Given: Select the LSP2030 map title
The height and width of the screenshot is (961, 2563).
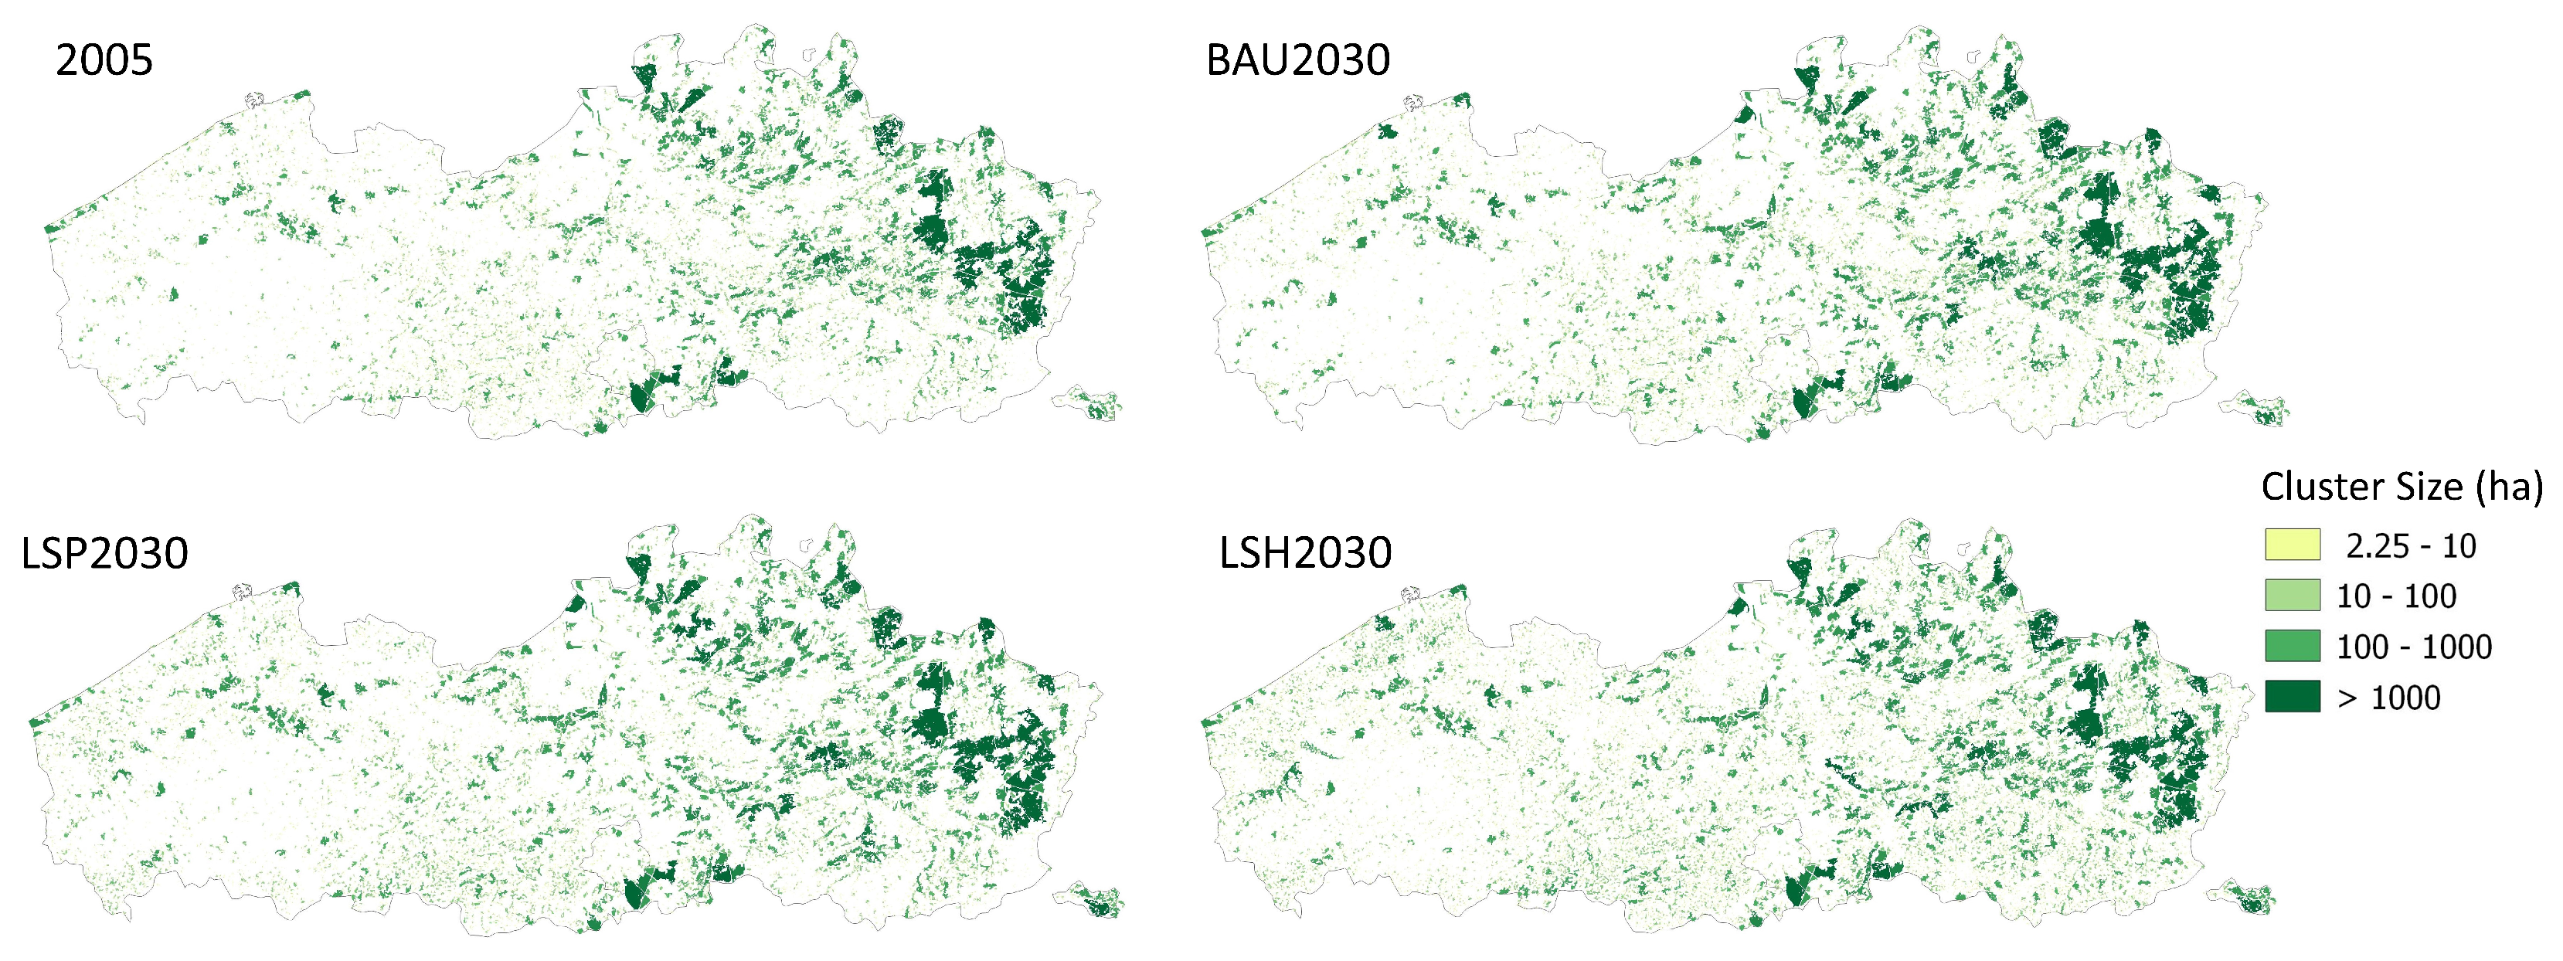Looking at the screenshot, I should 104,553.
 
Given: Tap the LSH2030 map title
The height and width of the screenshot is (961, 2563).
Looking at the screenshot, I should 1304,553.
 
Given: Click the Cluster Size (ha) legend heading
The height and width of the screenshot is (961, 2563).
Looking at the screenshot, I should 2401,487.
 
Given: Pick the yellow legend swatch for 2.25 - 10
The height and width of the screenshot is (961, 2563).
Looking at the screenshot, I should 2293,545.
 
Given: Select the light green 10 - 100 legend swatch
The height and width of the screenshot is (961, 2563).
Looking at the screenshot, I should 2293,595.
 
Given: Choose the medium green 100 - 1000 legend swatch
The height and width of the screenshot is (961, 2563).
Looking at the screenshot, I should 2293,646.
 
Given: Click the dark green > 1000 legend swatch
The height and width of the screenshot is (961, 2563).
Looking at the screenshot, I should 2293,696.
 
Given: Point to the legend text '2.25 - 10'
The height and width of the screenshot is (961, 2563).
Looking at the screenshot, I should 2411,546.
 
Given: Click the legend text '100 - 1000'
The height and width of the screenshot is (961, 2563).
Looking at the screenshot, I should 2414,647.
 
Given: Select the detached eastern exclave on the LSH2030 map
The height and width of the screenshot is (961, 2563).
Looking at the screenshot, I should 2251,898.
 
